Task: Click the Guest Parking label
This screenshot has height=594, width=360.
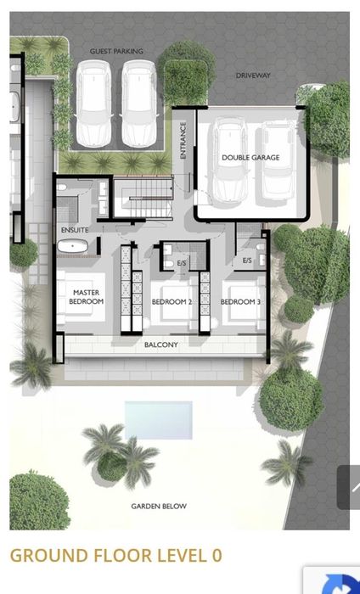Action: [x=116, y=51]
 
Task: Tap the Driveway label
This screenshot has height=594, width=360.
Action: [x=253, y=76]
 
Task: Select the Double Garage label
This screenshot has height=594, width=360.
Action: [x=250, y=158]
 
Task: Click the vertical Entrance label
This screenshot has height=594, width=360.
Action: [x=183, y=140]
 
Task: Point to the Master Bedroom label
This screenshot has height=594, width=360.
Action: [x=86, y=297]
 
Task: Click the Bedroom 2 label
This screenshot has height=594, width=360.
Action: [x=172, y=302]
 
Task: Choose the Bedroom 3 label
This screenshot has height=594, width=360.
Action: [x=240, y=302]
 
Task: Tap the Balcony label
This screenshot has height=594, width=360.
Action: [x=161, y=345]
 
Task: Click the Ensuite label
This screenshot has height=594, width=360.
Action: [x=75, y=230]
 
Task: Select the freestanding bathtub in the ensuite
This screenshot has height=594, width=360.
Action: [x=73, y=246]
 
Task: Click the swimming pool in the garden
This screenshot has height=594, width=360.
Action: [x=159, y=420]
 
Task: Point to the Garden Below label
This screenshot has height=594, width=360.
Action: [x=159, y=506]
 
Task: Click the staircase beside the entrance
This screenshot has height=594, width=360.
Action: [x=143, y=198]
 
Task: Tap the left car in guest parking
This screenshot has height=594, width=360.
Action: [x=93, y=104]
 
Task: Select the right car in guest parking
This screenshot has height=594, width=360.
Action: [x=139, y=104]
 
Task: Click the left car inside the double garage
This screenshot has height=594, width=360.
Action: [x=230, y=162]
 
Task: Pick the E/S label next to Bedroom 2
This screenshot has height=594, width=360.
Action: [x=182, y=263]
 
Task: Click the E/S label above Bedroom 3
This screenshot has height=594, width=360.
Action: [x=247, y=261]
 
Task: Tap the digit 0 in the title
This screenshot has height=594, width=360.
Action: [x=217, y=555]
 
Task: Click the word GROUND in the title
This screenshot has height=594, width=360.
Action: [x=49, y=555]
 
